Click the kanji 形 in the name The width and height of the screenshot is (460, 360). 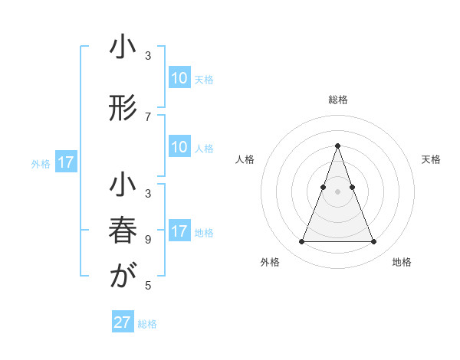point(123,109)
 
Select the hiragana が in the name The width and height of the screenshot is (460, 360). point(123,277)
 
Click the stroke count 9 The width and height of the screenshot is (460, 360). point(148,238)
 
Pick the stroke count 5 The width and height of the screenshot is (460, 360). point(148,286)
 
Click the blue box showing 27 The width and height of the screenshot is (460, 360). point(123,322)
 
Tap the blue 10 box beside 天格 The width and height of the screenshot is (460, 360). point(179,78)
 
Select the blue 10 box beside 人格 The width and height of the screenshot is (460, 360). point(179,148)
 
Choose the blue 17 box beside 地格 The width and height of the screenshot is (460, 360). point(179,232)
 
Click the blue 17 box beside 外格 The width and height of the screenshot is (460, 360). point(66,162)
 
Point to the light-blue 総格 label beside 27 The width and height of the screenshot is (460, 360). point(147,324)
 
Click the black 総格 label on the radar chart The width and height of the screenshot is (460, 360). point(337,100)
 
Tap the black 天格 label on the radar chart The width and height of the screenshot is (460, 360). point(431,159)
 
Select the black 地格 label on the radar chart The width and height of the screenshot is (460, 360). point(402,262)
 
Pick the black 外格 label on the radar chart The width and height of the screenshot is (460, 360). point(270,262)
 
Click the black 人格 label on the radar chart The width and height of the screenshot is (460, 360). point(245,159)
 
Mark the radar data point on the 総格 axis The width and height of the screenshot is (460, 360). point(337,146)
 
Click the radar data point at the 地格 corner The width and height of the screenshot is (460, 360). point(373,242)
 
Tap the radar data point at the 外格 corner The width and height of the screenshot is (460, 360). point(301,242)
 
